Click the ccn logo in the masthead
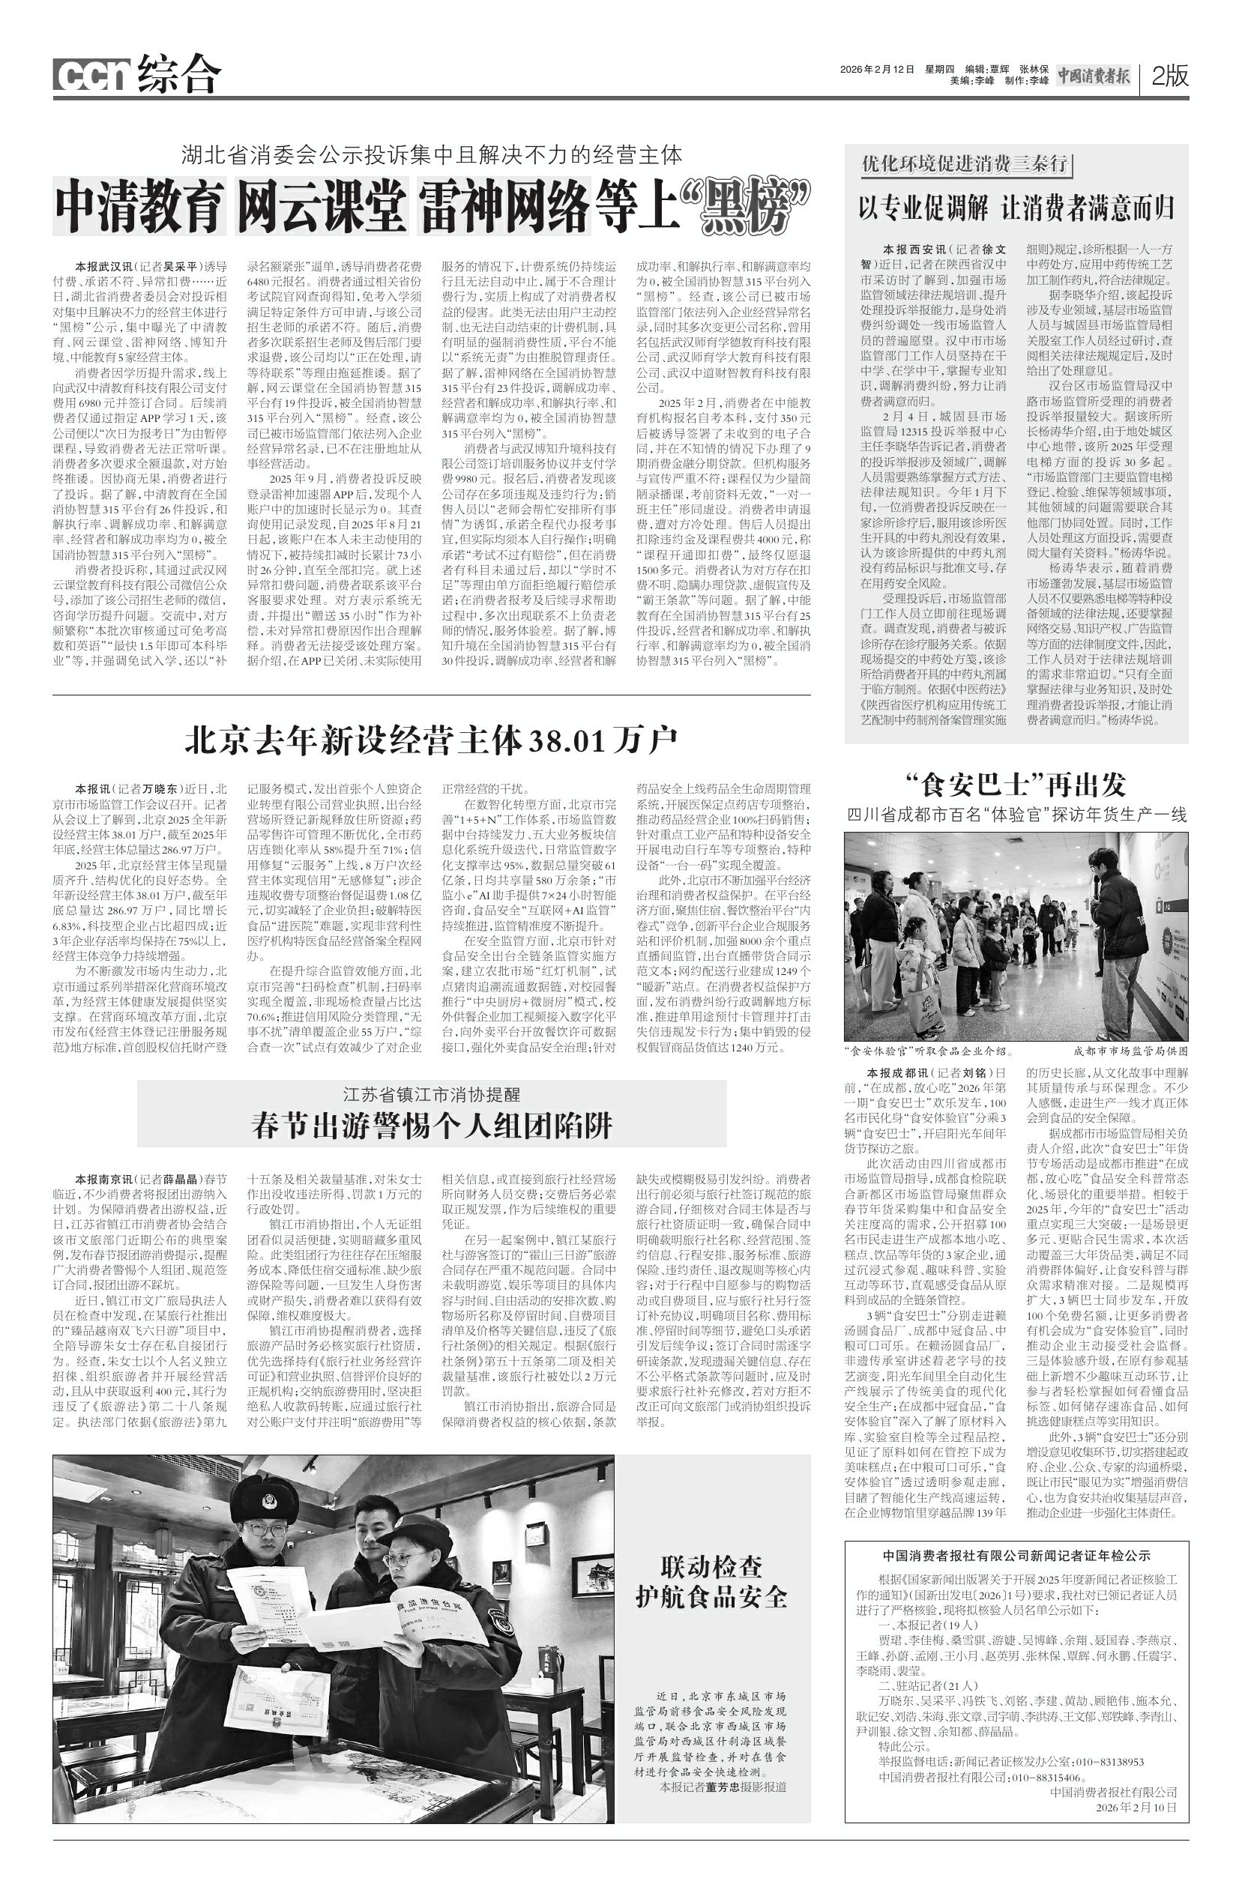92,76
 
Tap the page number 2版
1169,76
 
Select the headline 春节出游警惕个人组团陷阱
432,1125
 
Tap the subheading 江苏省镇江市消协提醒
432,1094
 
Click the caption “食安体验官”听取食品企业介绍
927,1050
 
